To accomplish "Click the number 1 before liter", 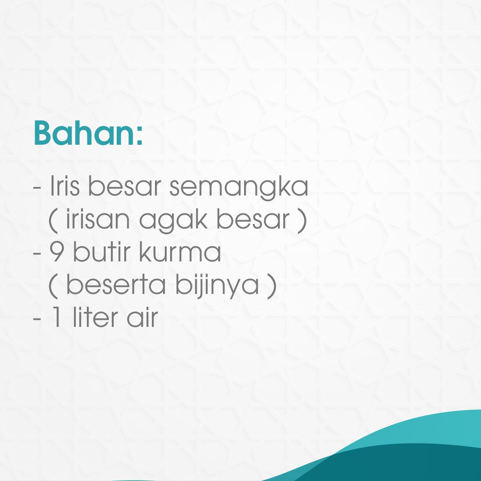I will [57, 318].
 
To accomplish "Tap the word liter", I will [94, 318].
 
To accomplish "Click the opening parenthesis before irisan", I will [53, 221].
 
